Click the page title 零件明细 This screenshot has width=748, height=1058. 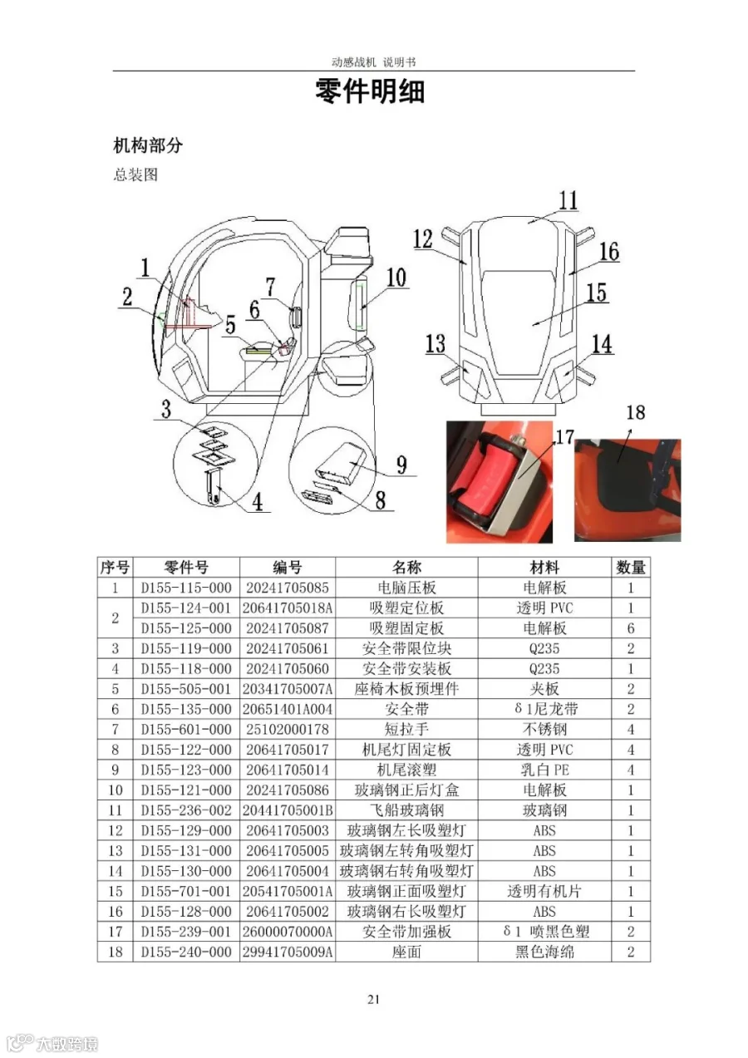tap(370, 91)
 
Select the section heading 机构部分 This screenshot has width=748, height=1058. tap(148, 145)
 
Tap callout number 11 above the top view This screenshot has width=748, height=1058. tap(568, 200)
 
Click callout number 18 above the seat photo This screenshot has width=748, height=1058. tap(636, 413)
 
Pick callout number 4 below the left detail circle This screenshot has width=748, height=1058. tap(258, 502)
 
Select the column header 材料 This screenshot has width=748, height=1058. tap(544, 568)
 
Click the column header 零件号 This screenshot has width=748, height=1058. tap(186, 568)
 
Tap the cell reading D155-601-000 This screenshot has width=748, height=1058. tap(186, 729)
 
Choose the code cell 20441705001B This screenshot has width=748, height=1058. tap(288, 810)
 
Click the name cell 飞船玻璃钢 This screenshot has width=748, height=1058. tap(406, 810)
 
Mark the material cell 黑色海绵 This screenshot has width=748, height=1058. tap(544, 952)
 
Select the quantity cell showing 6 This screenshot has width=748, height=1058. tap(631, 628)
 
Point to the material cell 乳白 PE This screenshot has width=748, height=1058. tap(544, 770)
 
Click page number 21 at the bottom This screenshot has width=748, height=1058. tap(373, 1000)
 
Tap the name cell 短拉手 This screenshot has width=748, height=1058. tap(406, 729)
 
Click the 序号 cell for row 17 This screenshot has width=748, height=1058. tap(116, 932)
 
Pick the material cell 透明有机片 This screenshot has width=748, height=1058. tap(544, 891)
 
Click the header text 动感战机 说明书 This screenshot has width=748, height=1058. tap(373, 62)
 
